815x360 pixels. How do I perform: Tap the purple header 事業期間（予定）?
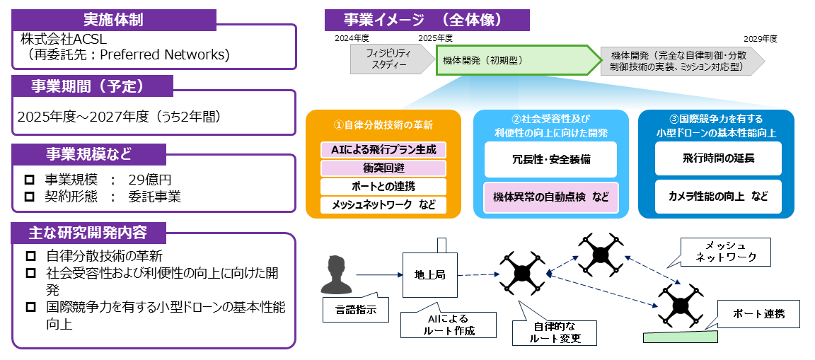click(93, 86)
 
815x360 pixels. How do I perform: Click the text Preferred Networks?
click(169, 54)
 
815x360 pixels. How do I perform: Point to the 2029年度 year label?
click(761, 38)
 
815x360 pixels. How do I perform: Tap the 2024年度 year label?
click(352, 38)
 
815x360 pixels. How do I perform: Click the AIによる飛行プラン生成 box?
click(383, 150)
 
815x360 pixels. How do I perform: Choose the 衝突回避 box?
click(383, 168)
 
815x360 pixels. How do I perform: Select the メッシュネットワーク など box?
click(383, 204)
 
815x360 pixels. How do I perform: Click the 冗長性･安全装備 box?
click(551, 159)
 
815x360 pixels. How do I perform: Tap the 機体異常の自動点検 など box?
click(551, 197)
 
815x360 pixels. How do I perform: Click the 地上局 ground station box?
click(430, 274)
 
